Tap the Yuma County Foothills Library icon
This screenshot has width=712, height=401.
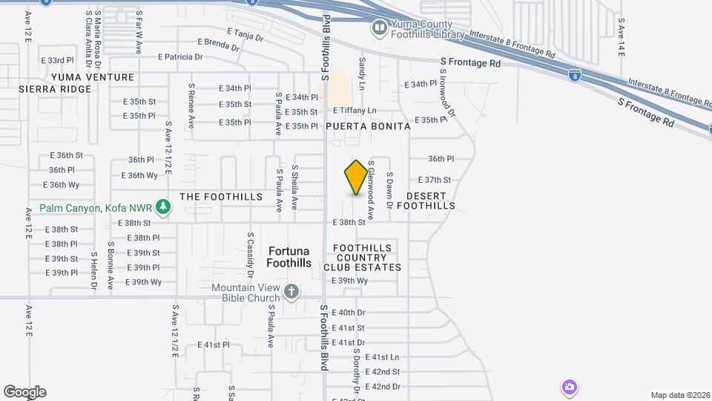379,28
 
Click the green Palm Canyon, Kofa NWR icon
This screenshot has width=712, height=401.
161,209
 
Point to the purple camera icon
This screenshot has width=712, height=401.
569,387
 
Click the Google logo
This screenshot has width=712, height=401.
24,392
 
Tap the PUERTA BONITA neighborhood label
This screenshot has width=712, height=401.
369,126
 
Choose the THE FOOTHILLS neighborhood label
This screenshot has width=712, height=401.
221,197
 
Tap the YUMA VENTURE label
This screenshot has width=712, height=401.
93,77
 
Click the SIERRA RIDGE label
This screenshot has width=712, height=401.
55,89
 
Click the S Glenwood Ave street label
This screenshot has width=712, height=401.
371,190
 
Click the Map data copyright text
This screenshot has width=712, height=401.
679,395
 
